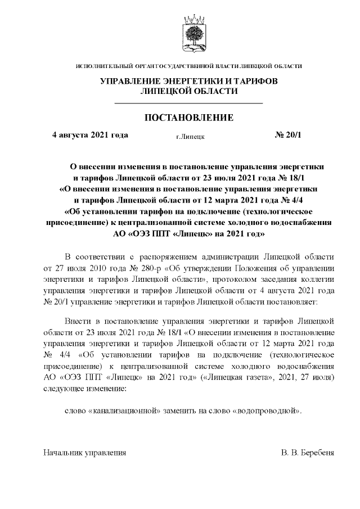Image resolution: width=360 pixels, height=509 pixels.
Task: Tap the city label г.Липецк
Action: click(x=190, y=136)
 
